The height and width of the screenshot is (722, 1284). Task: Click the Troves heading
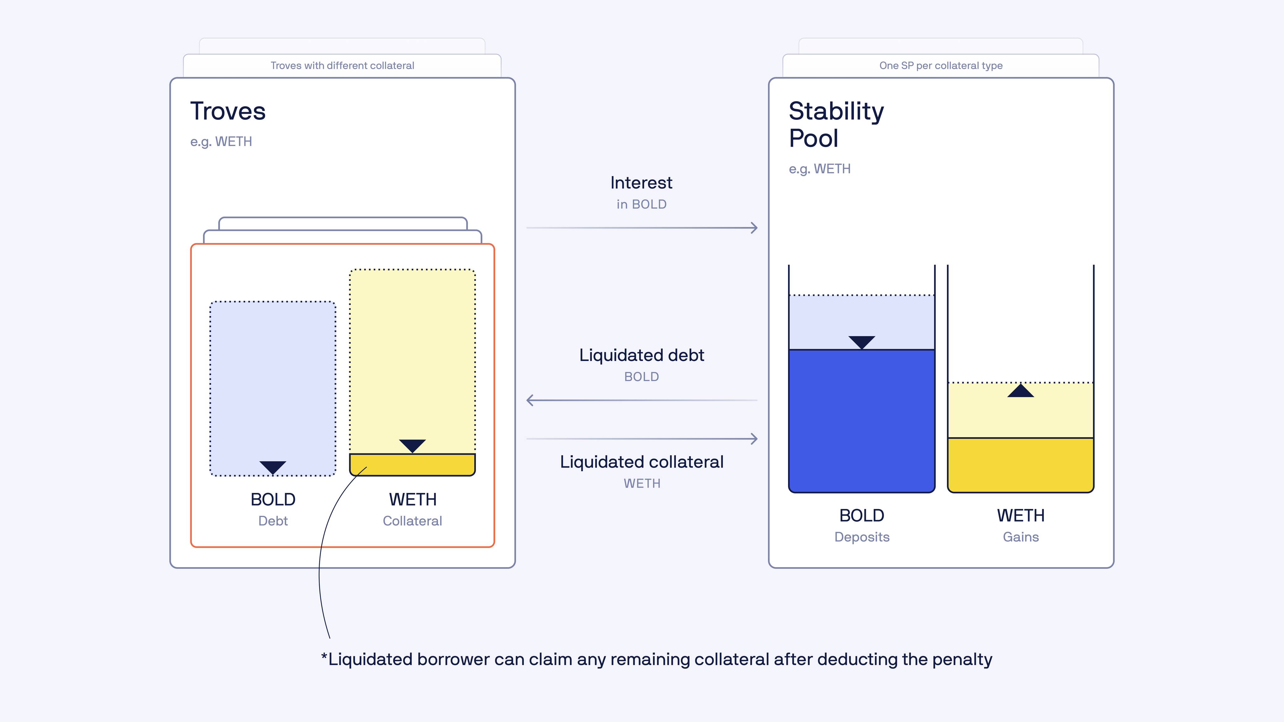coord(228,111)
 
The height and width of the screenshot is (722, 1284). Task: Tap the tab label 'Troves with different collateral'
coord(342,65)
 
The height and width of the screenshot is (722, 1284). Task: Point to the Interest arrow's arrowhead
coord(754,228)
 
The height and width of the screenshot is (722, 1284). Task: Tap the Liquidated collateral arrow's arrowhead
coord(754,438)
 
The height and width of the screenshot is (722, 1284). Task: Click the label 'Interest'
coord(641,183)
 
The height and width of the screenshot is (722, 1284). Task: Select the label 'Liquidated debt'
coord(641,355)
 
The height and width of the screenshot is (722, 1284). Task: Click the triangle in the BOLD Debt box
coord(273,467)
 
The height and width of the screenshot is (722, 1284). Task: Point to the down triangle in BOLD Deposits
coord(862,342)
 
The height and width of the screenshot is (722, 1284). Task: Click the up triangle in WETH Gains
coord(1021,391)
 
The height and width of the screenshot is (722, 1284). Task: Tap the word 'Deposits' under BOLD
coord(862,537)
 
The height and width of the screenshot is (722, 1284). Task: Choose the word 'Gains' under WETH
coord(1021,537)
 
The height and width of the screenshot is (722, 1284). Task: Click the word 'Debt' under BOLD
coord(273,521)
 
